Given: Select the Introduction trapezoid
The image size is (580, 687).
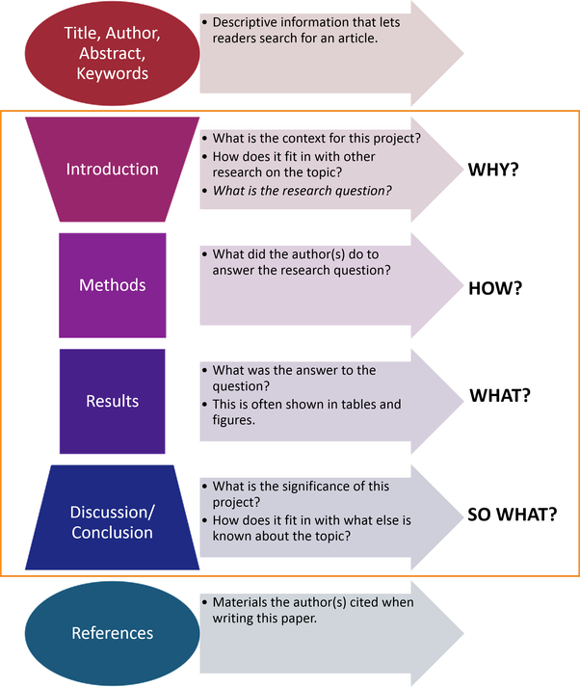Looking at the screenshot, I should pos(112,170).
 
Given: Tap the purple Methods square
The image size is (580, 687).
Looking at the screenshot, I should pos(113,285).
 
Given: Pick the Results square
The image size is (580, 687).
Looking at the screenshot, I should pos(112,401).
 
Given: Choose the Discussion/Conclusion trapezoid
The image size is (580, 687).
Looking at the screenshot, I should pos(112,522).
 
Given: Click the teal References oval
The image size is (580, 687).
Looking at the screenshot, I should pos(112,633).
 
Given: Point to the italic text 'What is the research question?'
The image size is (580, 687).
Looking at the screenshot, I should pos(302,191).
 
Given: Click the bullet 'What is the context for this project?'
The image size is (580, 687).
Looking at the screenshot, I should pos(316,138).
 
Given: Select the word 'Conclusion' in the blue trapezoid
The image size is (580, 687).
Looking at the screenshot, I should pos(112,533).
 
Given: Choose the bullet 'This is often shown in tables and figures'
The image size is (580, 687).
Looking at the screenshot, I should pos(306,412).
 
